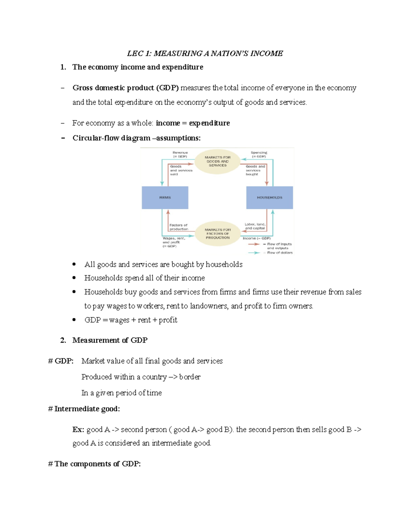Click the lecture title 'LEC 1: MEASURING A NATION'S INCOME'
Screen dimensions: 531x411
click(x=205, y=53)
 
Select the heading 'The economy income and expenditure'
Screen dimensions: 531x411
click(x=137, y=67)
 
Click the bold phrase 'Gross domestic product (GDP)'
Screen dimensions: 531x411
click(x=125, y=88)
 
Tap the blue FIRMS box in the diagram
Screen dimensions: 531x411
click(x=165, y=198)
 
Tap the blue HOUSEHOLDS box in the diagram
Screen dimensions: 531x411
click(x=270, y=198)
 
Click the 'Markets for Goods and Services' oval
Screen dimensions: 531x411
click(x=217, y=161)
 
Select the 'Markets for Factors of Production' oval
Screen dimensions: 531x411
click(x=217, y=234)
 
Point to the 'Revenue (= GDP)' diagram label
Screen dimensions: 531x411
click(x=180, y=155)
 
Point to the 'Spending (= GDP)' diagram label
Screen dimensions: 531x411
click(x=259, y=155)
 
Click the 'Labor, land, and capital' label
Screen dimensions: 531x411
click(x=255, y=226)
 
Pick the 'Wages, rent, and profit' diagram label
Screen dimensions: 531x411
click(x=174, y=242)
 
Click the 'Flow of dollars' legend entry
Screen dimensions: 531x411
click(x=279, y=253)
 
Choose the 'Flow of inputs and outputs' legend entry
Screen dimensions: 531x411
click(x=279, y=246)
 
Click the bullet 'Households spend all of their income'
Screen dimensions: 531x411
click(x=145, y=278)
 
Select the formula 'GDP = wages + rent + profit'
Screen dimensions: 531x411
click(x=131, y=320)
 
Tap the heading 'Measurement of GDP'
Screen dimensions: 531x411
click(x=110, y=340)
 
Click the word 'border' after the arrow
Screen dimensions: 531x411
click(x=190, y=377)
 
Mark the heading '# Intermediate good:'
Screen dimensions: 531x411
click(x=84, y=409)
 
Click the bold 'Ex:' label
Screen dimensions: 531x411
click(x=78, y=429)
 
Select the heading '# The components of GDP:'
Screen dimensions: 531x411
click(x=95, y=464)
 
